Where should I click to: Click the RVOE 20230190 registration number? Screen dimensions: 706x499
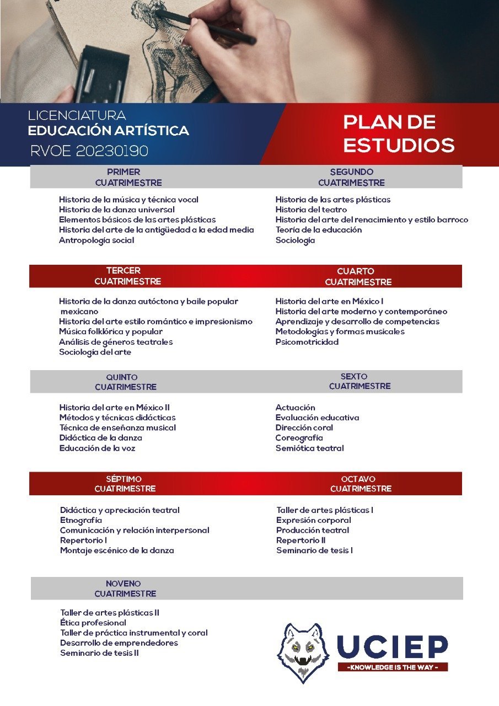click(x=89, y=150)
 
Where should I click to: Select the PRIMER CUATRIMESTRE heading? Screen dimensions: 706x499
click(x=128, y=177)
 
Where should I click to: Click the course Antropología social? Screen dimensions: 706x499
click(x=96, y=240)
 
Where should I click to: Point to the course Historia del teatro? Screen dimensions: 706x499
click(x=311, y=210)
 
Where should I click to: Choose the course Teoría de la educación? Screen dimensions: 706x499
click(x=319, y=229)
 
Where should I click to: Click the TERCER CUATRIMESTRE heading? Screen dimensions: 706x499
click(x=127, y=276)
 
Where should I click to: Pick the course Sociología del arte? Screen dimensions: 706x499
click(x=95, y=352)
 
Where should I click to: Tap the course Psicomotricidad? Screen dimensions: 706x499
click(x=307, y=342)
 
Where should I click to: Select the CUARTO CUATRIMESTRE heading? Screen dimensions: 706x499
click(x=358, y=276)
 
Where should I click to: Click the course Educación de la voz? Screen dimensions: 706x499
click(x=97, y=448)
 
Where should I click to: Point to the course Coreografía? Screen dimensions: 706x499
click(x=299, y=438)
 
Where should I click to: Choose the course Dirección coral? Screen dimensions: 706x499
click(x=304, y=427)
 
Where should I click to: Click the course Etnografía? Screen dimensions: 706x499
click(x=81, y=520)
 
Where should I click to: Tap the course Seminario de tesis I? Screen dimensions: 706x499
click(x=314, y=550)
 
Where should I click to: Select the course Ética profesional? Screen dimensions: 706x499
click(x=93, y=623)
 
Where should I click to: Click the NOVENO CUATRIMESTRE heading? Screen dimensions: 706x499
click(x=125, y=589)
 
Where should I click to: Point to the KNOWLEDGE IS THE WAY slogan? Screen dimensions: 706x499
click(x=393, y=667)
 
